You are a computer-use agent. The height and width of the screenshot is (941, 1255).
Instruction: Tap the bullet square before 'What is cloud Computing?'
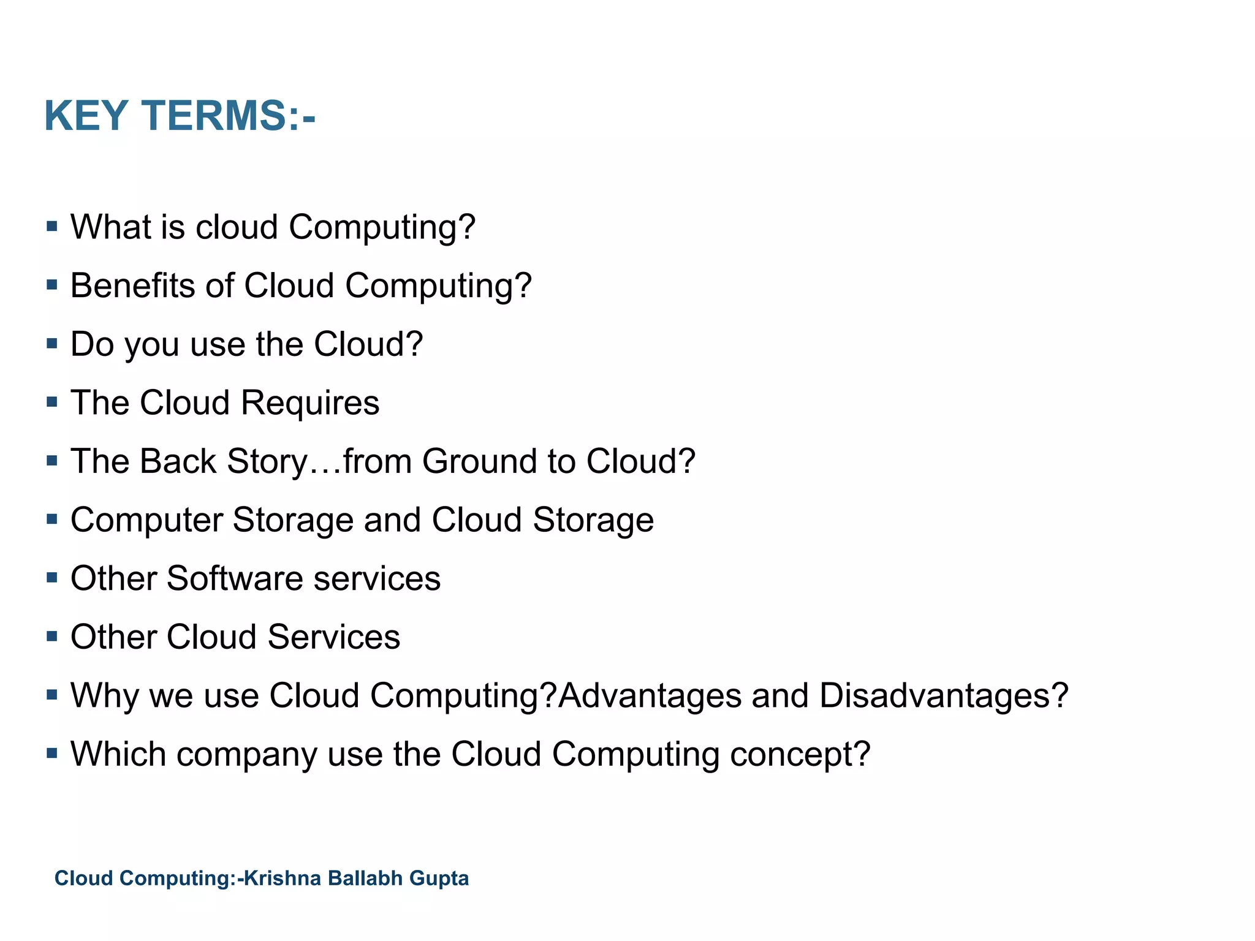pos(52,227)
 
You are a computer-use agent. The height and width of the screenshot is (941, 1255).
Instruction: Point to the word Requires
pos(310,404)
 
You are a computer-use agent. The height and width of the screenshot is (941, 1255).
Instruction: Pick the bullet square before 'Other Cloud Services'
pos(52,637)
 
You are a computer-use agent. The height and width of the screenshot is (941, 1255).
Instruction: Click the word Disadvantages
pos(943,697)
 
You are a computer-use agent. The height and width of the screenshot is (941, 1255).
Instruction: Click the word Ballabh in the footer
pos(365,878)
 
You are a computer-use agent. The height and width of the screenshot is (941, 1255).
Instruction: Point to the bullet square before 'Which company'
pos(52,754)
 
